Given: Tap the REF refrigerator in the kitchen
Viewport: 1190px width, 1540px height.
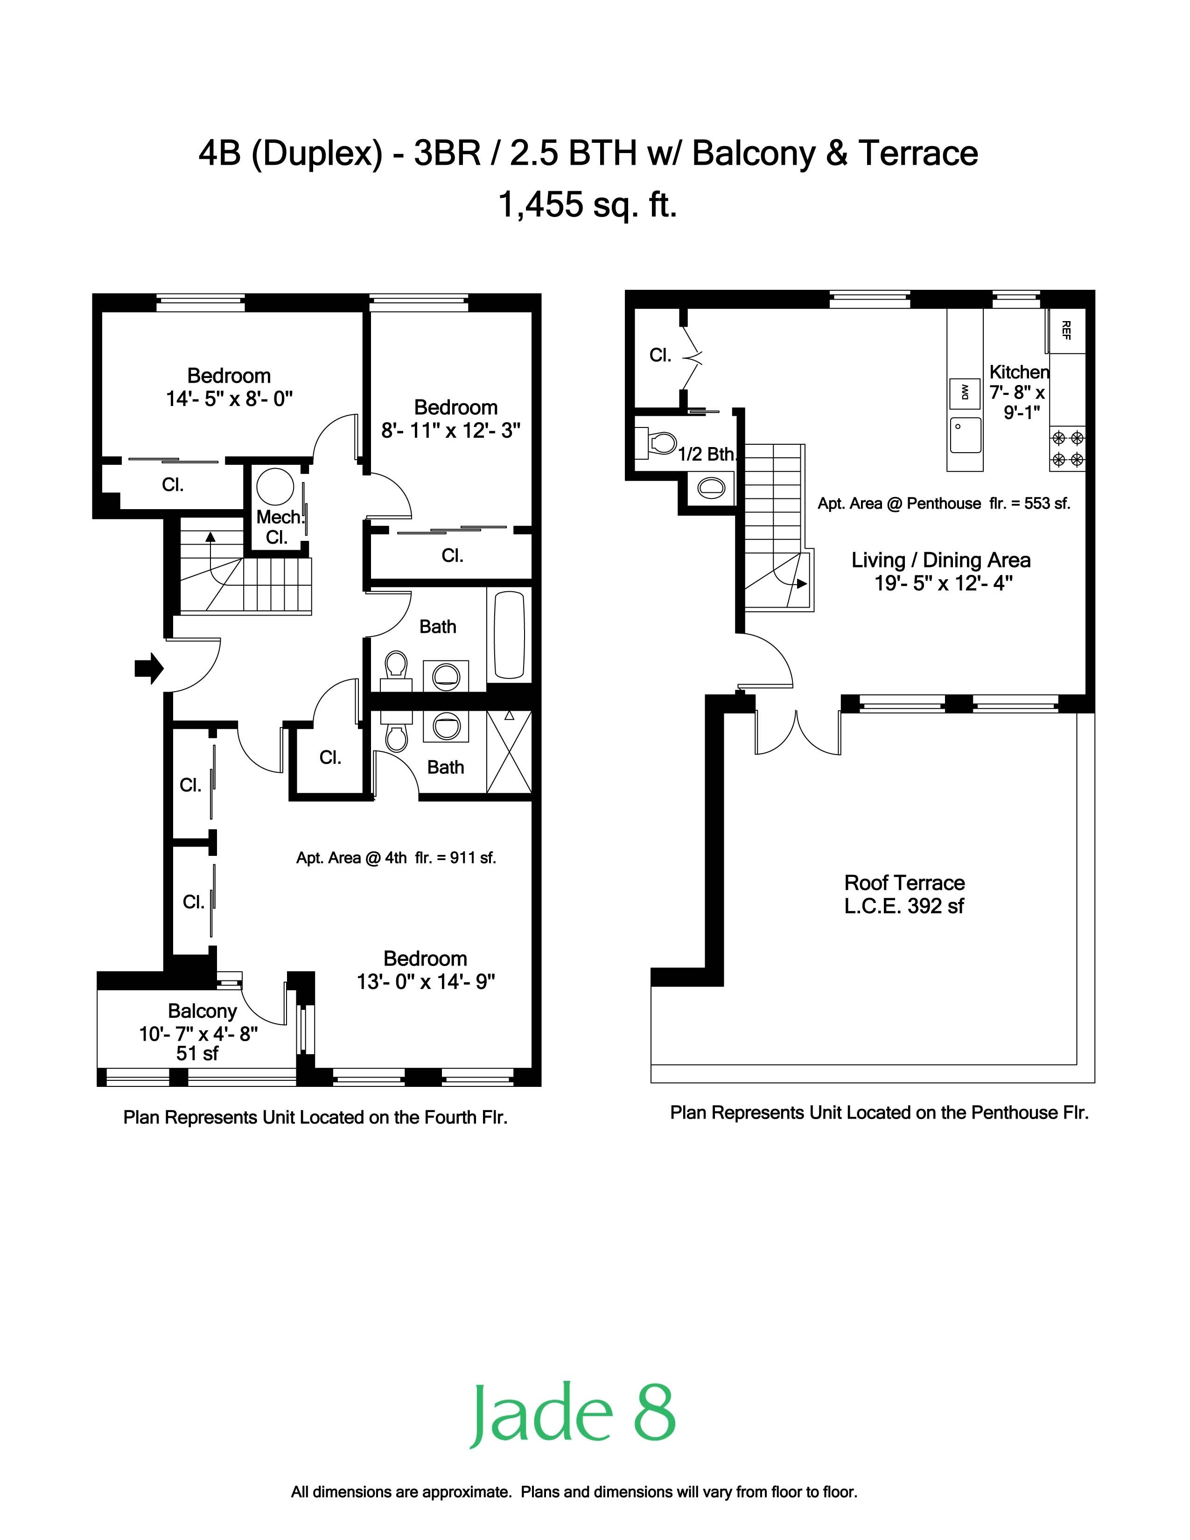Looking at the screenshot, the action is click(x=1065, y=330).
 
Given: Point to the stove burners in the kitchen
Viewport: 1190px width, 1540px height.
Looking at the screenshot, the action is click(x=1067, y=449).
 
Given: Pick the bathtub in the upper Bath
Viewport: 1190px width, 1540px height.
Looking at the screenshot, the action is click(x=509, y=635).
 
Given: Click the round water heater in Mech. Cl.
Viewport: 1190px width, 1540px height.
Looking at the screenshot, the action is click(x=275, y=487).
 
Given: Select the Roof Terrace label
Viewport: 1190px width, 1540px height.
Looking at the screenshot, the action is click(x=904, y=894).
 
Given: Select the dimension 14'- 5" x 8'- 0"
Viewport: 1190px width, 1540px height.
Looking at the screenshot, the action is click(x=229, y=399).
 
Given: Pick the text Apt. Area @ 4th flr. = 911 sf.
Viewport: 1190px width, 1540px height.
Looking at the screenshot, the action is click(x=396, y=858).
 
